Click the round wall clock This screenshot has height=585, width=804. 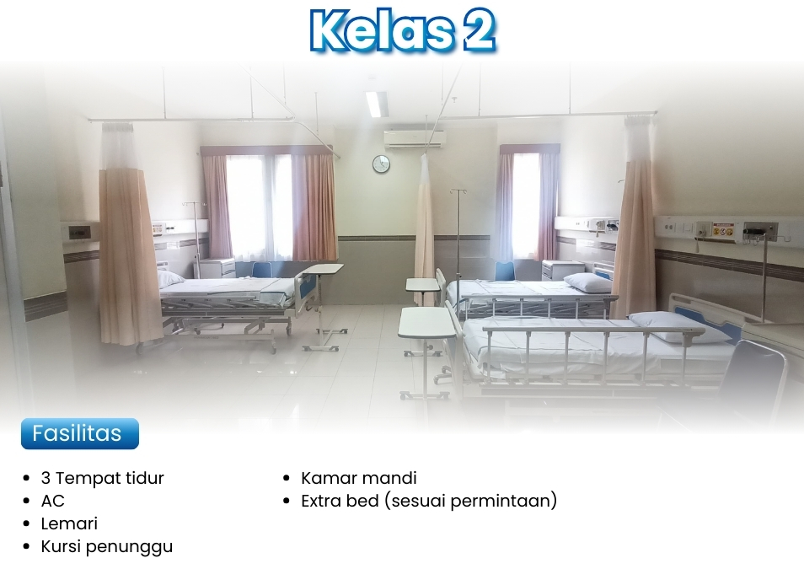point(381,164)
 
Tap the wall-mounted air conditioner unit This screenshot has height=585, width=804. point(415,139)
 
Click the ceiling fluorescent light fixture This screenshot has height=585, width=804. point(377,104)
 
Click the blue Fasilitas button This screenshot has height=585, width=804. point(80,434)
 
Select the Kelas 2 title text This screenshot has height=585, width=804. point(403,30)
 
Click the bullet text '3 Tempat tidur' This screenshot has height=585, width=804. point(103,478)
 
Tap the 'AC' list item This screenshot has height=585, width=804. point(53,501)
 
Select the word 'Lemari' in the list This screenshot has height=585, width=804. point(69,523)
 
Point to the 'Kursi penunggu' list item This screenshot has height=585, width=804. point(107,547)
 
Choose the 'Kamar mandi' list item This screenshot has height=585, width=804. point(359,478)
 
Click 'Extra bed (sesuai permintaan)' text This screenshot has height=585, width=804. point(429,501)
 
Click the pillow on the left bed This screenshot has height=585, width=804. point(169,278)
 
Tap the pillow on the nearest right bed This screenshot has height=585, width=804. point(679,327)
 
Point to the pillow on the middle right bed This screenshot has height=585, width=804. point(587,282)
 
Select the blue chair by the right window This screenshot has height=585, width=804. point(505,271)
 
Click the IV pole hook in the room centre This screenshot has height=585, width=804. point(458,191)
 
